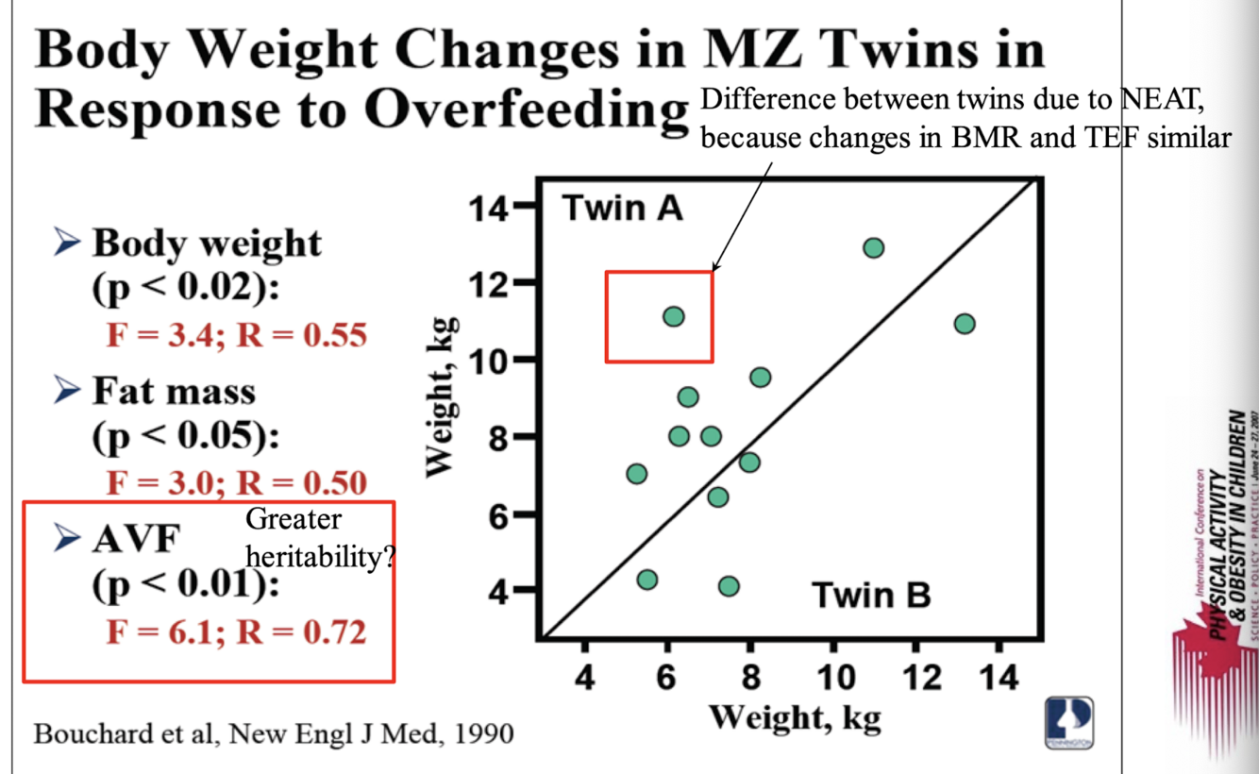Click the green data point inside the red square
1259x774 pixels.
673,316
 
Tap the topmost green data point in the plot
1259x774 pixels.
873,248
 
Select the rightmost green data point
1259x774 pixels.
964,324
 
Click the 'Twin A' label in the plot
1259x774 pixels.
622,208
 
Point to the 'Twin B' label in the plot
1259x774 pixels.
871,596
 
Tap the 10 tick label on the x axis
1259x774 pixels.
832,678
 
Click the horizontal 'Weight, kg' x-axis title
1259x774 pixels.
794,717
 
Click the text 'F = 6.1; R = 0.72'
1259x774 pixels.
236,631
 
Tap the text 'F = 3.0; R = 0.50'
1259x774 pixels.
236,482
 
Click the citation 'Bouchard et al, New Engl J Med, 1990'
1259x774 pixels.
274,733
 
